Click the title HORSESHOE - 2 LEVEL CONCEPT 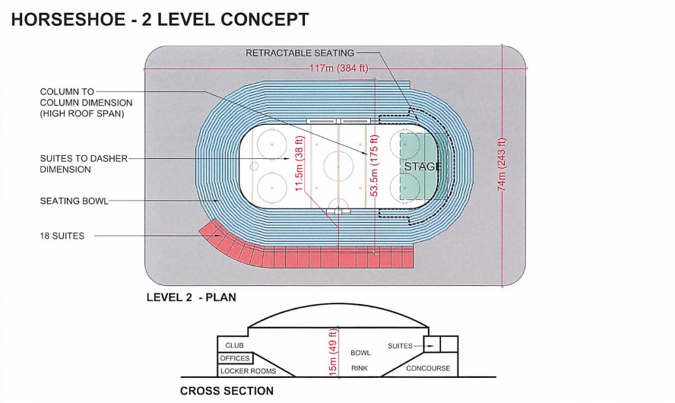(x=160, y=19)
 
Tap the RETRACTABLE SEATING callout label (x=299, y=53)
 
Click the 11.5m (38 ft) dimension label (x=299, y=163)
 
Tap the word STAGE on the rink (x=422, y=167)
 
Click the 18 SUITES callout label (x=62, y=236)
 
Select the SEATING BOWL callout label (x=74, y=201)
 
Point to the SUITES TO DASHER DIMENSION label (x=84, y=163)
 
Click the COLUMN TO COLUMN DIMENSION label (x=86, y=103)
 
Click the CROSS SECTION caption (x=227, y=391)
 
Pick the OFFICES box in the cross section (x=235, y=358)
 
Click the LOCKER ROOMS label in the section (x=247, y=371)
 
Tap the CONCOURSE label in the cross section (x=428, y=368)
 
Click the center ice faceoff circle (x=335, y=163)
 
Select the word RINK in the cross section (x=360, y=368)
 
